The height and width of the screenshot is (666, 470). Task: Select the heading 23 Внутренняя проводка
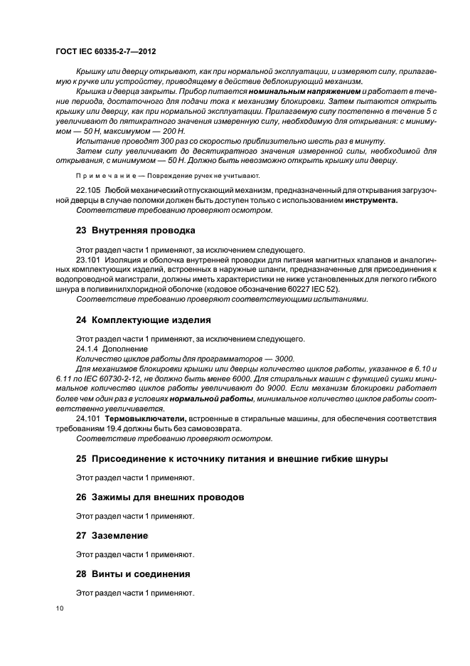click(135, 231)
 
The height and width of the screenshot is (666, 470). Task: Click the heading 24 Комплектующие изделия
click(143, 320)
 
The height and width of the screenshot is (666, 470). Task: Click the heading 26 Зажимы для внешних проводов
click(160, 497)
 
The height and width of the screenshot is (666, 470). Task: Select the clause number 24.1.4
click(86, 349)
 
